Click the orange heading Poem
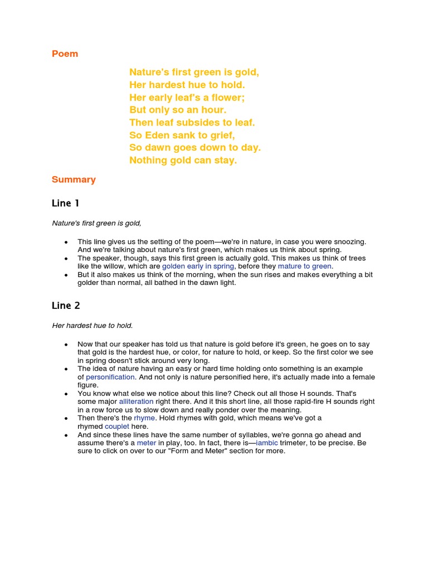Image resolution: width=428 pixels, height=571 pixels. (65, 54)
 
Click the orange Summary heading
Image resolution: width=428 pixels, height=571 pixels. (74, 180)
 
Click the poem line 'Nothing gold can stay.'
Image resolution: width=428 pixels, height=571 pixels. (183, 161)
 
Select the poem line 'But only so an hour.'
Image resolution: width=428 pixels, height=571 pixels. (178, 110)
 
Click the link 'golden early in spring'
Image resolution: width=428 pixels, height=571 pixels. (198, 267)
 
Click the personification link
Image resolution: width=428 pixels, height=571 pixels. (110, 377)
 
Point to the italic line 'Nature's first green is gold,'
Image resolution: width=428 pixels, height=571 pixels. (96, 223)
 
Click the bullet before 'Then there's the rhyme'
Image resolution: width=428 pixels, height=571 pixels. (66, 418)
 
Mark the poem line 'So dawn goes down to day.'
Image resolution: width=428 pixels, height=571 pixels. (194, 148)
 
